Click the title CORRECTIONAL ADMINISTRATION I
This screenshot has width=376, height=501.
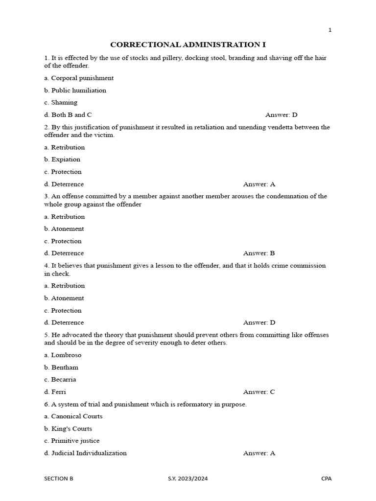pos(188,45)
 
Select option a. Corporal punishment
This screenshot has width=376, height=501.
pos(79,78)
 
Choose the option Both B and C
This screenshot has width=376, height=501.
pos(68,115)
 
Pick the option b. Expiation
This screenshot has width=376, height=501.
pos(62,159)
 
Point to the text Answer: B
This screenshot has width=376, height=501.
pos(259,253)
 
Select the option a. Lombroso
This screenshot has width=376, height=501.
pos(63,355)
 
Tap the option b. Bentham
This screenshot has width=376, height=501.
pos(61,367)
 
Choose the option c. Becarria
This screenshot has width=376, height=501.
pos(60,380)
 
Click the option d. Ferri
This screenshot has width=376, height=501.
pos(55,392)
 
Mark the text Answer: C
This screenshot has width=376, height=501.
pos(259,392)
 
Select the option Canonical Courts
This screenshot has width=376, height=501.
pos(73,416)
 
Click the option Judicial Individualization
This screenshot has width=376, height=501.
pos(86,453)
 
